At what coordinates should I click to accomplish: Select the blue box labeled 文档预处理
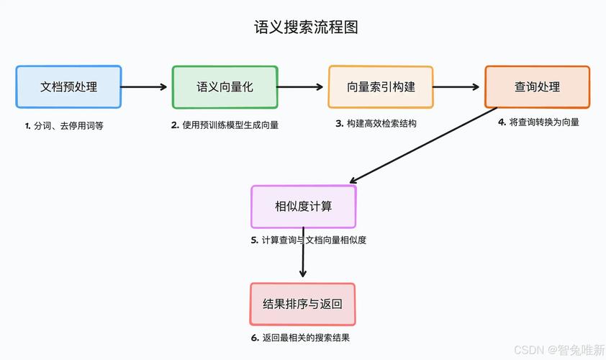pos(68,87)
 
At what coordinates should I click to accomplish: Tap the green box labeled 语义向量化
pos(225,87)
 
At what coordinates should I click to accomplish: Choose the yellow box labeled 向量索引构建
pos(381,87)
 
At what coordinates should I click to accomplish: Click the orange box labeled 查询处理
pos(537,87)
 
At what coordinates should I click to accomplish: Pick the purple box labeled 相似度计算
pos(303,207)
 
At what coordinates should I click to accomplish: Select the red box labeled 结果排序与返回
pos(302,305)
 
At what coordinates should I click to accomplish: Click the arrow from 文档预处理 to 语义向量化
pos(146,87)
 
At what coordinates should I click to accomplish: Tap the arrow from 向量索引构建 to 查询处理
pos(458,87)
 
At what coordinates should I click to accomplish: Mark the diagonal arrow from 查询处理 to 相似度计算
pos(422,146)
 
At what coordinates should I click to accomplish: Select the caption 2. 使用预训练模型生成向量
pos(225,125)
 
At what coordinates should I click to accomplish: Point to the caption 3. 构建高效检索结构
pos(376,123)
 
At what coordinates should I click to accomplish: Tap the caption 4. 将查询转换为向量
pos(538,122)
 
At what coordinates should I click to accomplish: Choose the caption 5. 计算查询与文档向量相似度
pos(309,240)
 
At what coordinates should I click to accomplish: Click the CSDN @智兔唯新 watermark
pos(559,350)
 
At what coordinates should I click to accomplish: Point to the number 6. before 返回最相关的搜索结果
pos(255,338)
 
